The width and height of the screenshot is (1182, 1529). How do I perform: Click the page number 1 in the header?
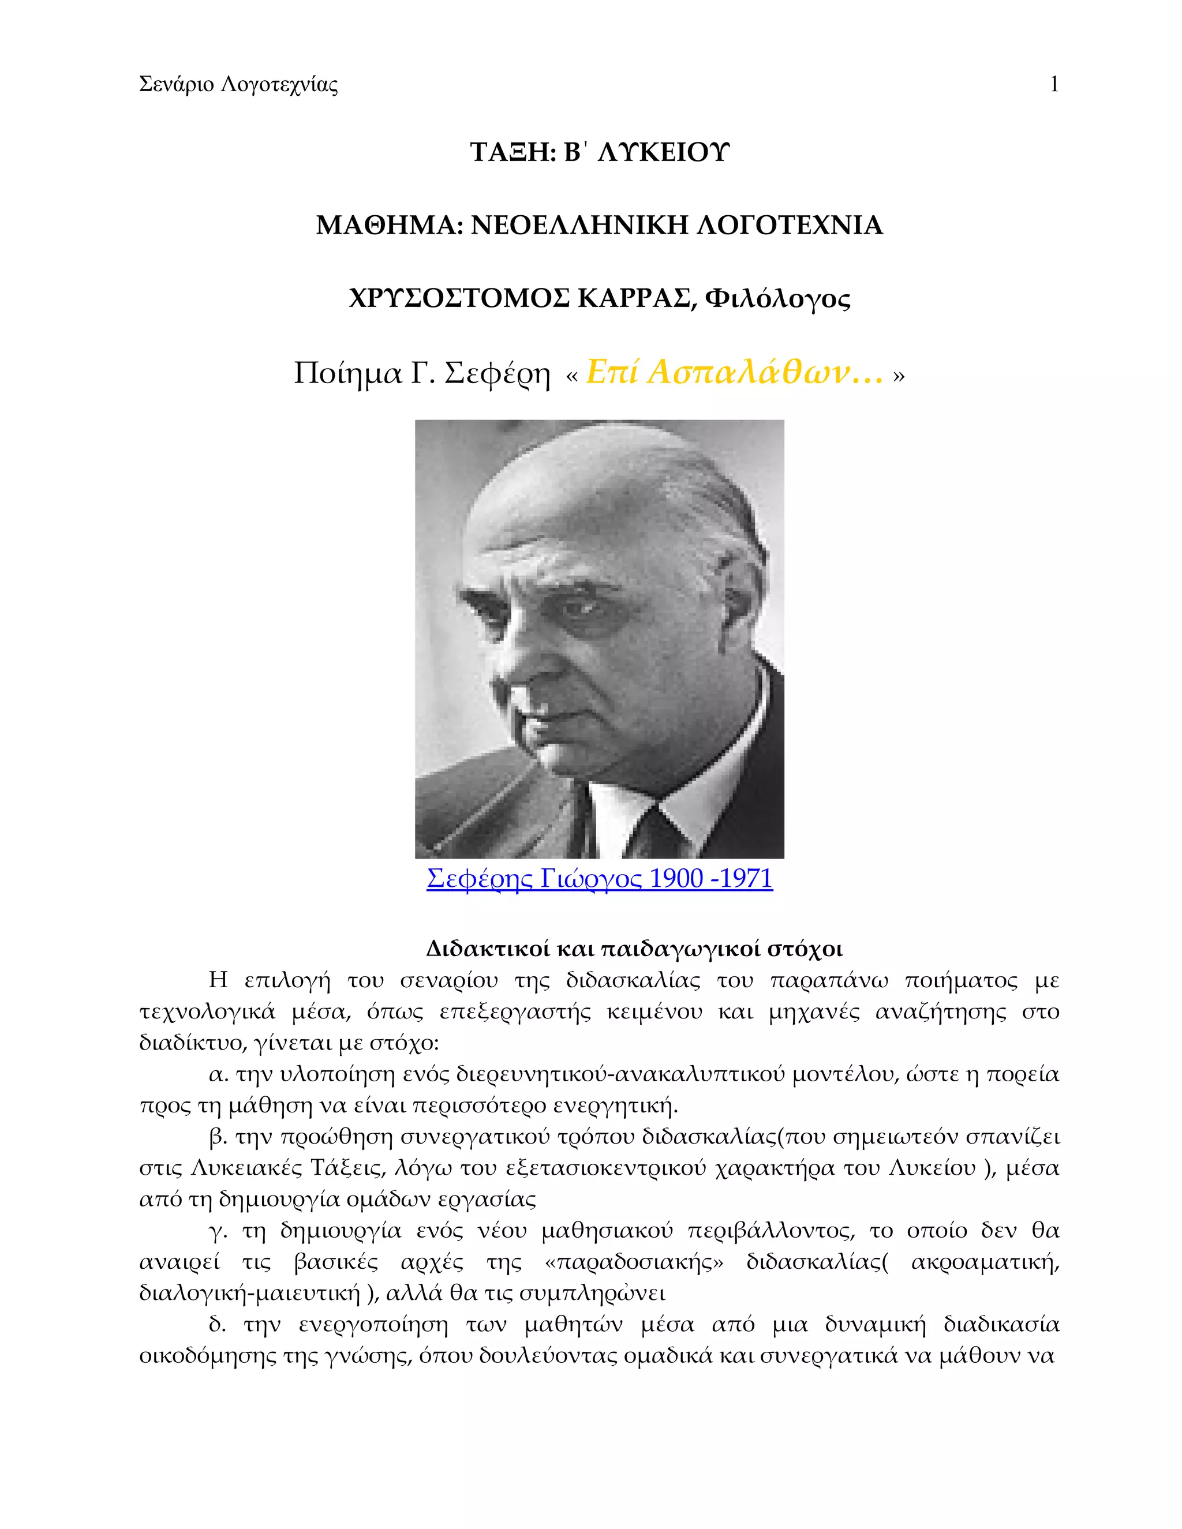(x=1054, y=85)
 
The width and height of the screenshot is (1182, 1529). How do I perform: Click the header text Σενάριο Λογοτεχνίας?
(x=238, y=85)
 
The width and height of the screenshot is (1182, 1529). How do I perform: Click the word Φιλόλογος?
(x=778, y=299)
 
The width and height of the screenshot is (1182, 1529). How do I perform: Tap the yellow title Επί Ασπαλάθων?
(x=734, y=373)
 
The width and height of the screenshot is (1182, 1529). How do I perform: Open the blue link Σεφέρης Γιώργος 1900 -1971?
(x=600, y=878)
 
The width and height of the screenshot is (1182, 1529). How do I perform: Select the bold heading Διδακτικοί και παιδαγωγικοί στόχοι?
(x=634, y=949)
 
